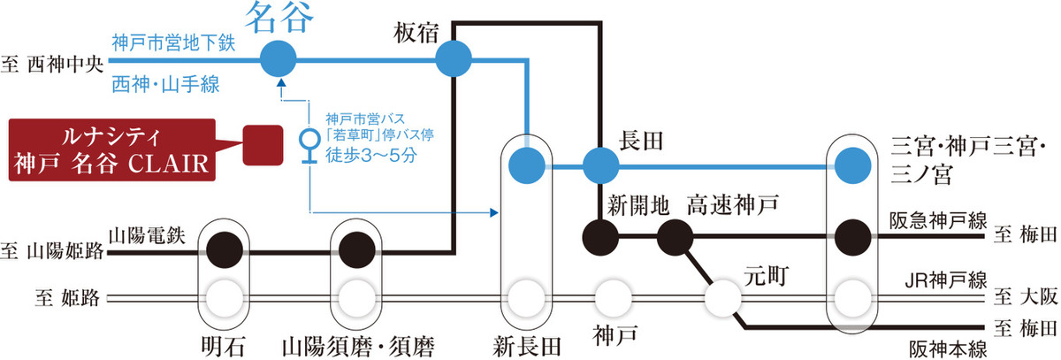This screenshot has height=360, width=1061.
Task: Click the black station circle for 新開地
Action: [601, 235]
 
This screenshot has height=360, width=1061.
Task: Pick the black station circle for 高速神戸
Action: [676, 235]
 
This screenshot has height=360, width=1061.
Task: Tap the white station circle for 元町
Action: [725, 297]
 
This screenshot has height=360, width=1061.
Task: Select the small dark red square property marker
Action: [261, 143]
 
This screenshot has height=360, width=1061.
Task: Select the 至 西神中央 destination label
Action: [53, 64]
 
